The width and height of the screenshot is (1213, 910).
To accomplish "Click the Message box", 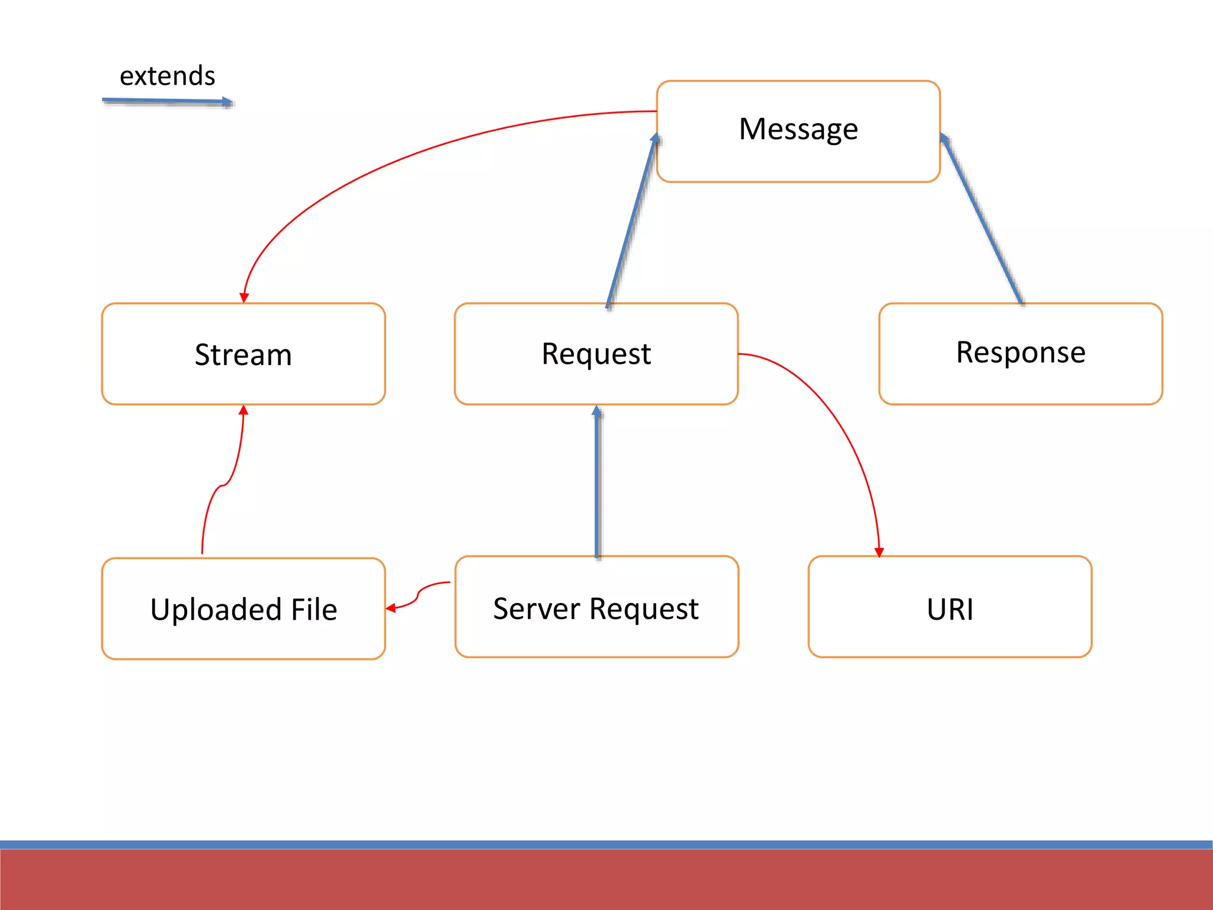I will pos(798,131).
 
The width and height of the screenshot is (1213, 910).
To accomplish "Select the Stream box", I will pos(243,354).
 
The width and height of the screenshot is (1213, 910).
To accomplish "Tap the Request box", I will pos(596,354).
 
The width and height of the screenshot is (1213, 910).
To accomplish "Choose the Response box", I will pos(1021,354).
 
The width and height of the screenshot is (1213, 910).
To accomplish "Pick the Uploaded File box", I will pos(243,608).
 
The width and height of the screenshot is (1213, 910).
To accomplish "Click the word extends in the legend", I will pos(168,76).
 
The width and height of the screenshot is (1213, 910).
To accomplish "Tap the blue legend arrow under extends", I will pos(167,101).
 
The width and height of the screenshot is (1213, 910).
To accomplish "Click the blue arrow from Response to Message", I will pos(981,219).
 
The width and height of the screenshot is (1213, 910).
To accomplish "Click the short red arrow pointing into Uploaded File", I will pos(418,594).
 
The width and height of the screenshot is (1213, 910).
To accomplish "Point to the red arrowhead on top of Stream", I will pos(244,297).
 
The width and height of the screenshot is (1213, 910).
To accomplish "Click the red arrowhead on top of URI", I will pos(879,552).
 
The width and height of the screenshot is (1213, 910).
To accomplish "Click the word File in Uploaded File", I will pos(314,610).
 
